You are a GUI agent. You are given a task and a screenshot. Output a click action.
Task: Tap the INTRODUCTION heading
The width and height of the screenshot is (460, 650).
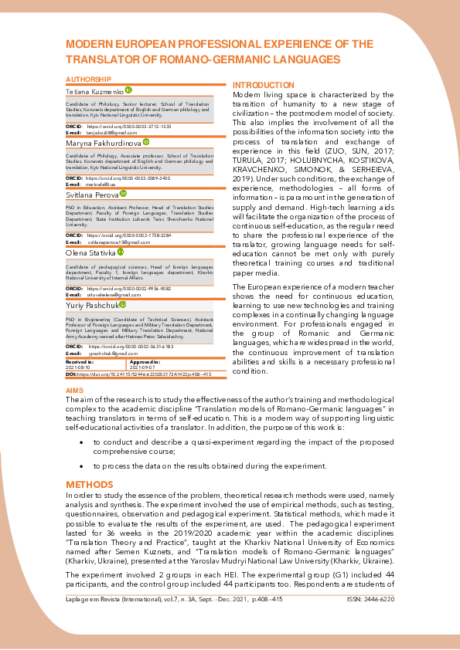tap(264, 85)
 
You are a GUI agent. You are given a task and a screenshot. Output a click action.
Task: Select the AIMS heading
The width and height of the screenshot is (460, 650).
tap(75, 391)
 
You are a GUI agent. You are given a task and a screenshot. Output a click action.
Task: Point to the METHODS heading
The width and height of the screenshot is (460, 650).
tap(90, 484)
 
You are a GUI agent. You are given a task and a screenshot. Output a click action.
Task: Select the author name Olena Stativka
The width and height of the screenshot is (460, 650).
tap(90, 252)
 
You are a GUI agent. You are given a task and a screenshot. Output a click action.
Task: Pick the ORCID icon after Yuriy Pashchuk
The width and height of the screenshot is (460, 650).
tap(122, 305)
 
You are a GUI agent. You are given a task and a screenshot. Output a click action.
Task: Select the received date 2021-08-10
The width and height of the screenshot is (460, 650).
tap(78, 366)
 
